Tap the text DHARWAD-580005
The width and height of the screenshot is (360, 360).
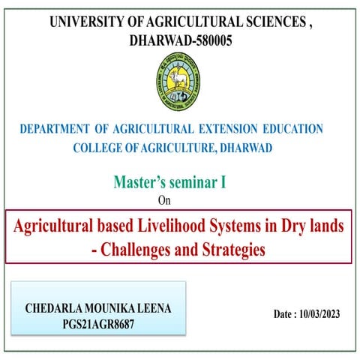[181, 40]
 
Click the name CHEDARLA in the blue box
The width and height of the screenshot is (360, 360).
[55, 307]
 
